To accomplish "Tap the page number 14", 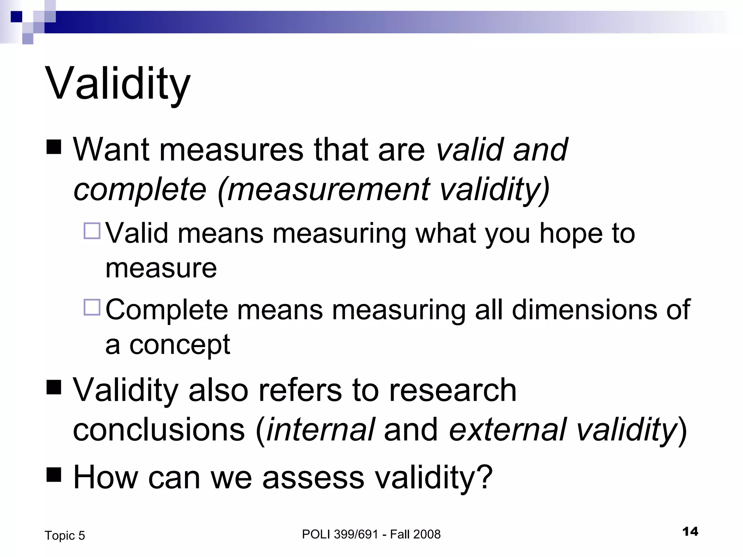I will pyautogui.click(x=690, y=532).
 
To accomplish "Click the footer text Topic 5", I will pyautogui.click(x=65, y=536).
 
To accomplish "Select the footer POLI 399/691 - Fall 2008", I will pyautogui.click(x=371, y=534).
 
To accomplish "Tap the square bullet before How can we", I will pyautogui.click(x=54, y=475).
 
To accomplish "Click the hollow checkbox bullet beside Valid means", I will pyautogui.click(x=92, y=231).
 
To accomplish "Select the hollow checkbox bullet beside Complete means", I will pyautogui.click(x=92, y=307).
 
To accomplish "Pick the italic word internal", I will pyautogui.click(x=321, y=430).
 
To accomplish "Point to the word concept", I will pyautogui.click(x=180, y=345).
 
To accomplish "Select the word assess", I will pyautogui.click(x=313, y=477).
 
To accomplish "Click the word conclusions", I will pyautogui.click(x=159, y=430).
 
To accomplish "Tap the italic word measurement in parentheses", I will pyautogui.click(x=329, y=189).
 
